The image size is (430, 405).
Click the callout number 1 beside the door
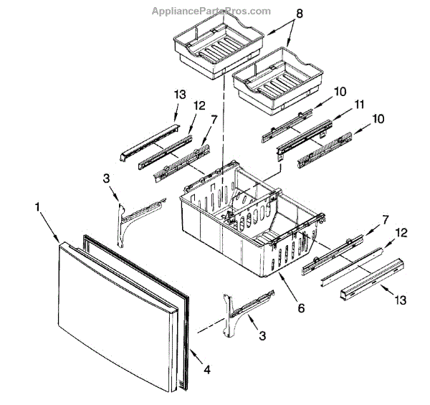tap(38, 207)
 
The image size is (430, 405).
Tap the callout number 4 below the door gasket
tap(208, 371)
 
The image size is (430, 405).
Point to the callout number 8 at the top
tap(279, 13)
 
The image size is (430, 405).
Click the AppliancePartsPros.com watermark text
tap(211, 10)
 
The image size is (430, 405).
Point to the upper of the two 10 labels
tap(340, 91)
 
